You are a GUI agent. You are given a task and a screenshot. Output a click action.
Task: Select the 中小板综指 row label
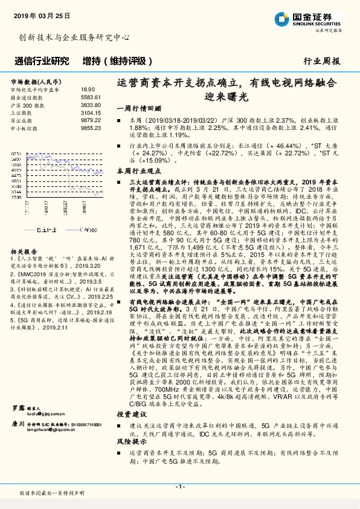tap(27, 128)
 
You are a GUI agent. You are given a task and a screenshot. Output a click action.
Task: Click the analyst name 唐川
tap(19, 374)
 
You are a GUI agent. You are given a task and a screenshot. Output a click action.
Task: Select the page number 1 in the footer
tap(179, 487)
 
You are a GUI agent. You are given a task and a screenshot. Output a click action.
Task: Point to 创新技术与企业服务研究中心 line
tap(74, 37)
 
